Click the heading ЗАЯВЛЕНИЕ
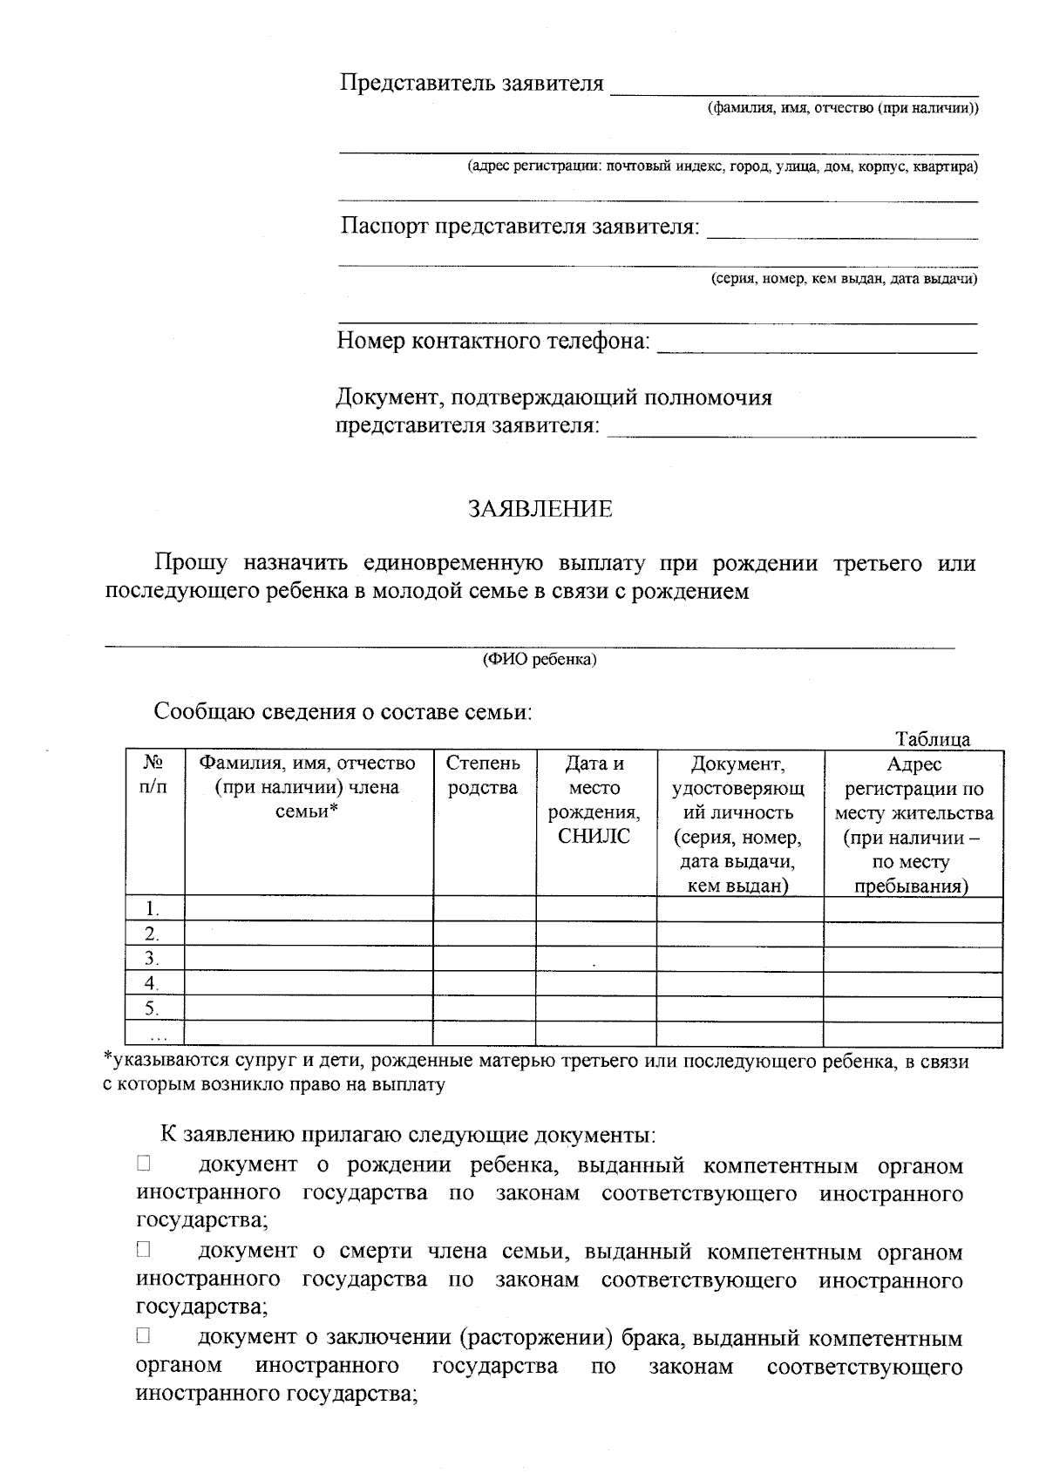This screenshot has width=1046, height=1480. coord(540,509)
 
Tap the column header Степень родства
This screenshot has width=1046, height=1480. coord(484,775)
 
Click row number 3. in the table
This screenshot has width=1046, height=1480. coord(152,959)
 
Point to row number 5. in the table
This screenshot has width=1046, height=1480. coord(152,1008)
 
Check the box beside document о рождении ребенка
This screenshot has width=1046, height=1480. coord(144,1163)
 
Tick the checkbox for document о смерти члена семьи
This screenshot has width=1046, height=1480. coord(144,1249)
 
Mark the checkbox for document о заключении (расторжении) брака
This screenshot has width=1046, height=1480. coord(144,1334)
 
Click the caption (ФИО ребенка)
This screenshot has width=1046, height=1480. coord(540,660)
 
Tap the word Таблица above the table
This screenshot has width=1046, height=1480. coord(933,739)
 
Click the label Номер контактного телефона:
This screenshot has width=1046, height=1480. coord(493,341)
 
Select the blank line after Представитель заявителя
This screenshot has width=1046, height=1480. coord(793,87)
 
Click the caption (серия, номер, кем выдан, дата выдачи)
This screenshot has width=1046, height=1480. coord(843,279)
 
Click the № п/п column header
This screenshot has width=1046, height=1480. coord(154,775)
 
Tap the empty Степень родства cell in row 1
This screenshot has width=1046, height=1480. coord(484,908)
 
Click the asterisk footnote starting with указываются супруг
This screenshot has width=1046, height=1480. coord(535,1073)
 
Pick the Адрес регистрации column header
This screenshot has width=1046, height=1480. coord(913,824)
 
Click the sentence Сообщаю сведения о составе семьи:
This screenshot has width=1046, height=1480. coord(343,711)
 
